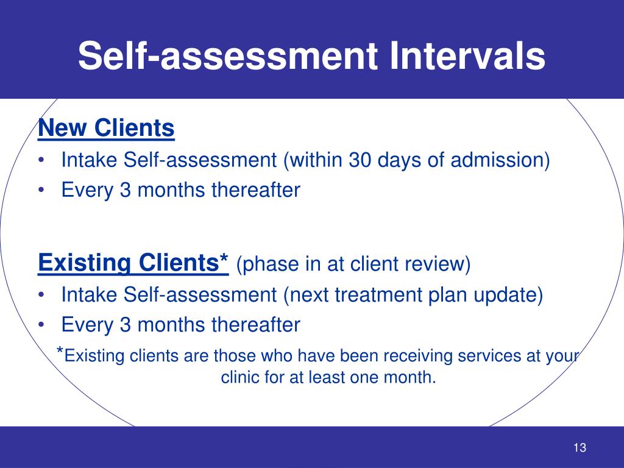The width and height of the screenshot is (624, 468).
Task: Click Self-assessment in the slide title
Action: (x=224, y=56)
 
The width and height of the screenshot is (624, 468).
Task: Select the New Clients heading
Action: (x=106, y=129)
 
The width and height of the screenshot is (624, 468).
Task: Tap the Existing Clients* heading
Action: (x=133, y=264)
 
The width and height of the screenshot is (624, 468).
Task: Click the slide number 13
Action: (x=580, y=448)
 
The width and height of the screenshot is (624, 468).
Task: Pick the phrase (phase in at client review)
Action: (x=353, y=265)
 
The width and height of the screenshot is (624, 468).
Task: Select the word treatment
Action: (x=381, y=295)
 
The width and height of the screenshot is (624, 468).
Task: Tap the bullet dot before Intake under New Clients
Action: (x=40, y=161)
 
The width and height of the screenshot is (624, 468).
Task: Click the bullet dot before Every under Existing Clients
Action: (x=40, y=325)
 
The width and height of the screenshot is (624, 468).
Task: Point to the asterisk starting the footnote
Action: (x=60, y=352)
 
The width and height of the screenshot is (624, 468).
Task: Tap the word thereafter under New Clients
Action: (x=255, y=190)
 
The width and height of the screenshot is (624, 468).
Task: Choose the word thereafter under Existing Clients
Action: (x=255, y=325)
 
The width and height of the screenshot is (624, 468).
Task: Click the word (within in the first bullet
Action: (x=313, y=160)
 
